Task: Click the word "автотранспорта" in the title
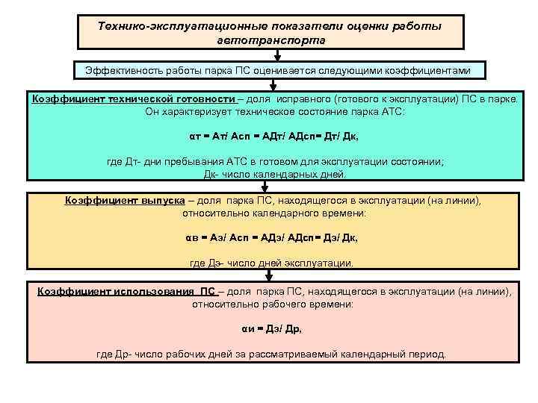[270, 40]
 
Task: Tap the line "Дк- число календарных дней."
[275, 175]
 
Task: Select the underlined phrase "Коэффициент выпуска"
[125, 201]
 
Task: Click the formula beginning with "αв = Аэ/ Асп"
[270, 238]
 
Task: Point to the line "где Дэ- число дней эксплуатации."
[271, 263]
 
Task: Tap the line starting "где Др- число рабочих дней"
[271, 354]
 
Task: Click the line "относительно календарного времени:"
[274, 213]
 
